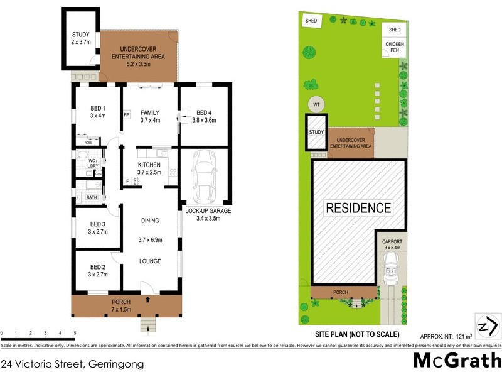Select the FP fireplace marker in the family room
[x=126, y=115]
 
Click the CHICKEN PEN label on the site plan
[x=395, y=48]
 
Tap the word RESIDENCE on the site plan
[x=358, y=208]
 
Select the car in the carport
[x=392, y=267]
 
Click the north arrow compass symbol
[x=487, y=327]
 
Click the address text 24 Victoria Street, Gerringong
[x=73, y=364]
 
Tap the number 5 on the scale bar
[x=75, y=332]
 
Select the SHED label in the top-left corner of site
[x=311, y=21]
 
